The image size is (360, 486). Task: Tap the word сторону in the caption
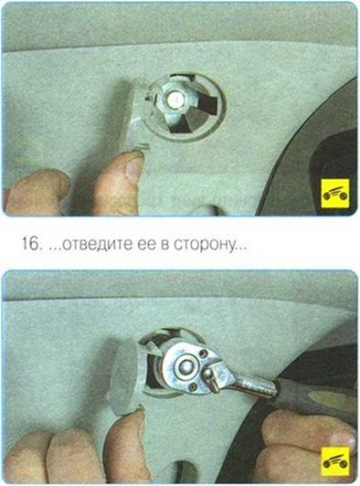point(206,246)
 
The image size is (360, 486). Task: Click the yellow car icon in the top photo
point(335,194)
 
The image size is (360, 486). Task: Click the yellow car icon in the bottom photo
point(335,461)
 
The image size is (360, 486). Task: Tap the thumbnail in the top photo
point(134,168)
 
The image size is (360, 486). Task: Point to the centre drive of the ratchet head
point(185,366)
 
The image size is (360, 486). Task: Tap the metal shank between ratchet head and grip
point(254,386)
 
